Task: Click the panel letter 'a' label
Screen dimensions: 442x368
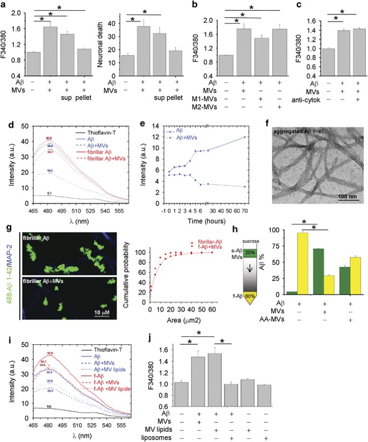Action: pos(4,5)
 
